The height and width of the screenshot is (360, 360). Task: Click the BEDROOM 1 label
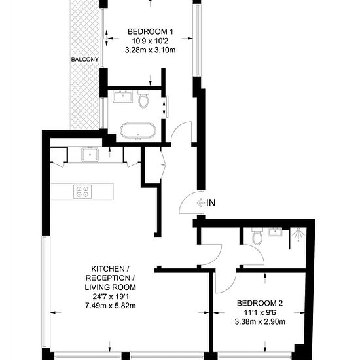(151, 31)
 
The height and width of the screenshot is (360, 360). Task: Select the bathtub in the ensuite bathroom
(137, 130)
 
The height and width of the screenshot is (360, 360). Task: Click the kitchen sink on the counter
(90, 155)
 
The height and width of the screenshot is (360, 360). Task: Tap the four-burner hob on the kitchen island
(82, 192)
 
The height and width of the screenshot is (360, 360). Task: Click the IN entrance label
(210, 203)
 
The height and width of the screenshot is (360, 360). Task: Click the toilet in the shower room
(257, 236)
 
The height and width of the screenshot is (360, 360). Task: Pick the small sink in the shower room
(276, 231)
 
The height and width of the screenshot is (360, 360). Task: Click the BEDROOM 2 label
(261, 303)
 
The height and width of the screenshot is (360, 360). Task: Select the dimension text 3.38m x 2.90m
(261, 321)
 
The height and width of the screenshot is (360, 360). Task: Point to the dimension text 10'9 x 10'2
(151, 40)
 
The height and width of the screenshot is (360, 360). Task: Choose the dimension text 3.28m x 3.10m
(151, 49)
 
